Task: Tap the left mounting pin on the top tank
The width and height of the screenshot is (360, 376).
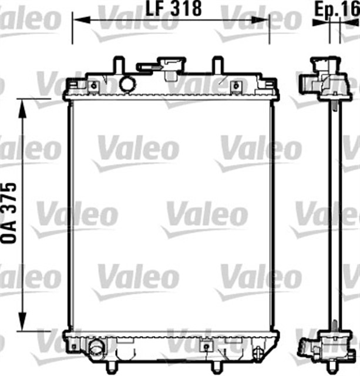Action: pyautogui.click(x=118, y=63)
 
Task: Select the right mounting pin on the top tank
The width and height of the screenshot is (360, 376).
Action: pyautogui.click(x=217, y=63)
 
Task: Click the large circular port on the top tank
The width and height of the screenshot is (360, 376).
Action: pyautogui.click(x=127, y=83)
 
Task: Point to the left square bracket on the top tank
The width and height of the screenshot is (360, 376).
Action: pyautogui.click(x=93, y=86)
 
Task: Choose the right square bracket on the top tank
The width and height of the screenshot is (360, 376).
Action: pyautogui.click(x=235, y=86)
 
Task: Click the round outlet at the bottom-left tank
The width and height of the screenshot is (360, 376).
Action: pyautogui.click(x=96, y=346)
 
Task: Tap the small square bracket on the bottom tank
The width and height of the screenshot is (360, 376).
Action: pyautogui.click(x=206, y=346)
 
